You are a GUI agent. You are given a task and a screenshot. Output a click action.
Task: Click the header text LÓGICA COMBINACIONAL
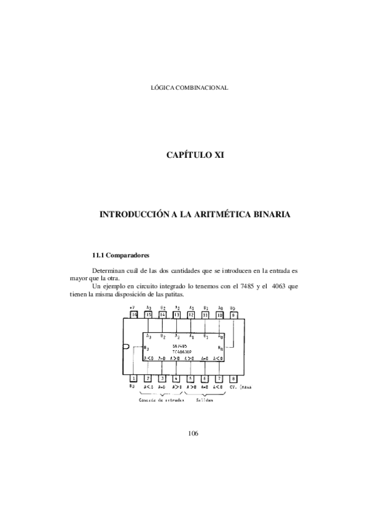pyautogui.click(x=190, y=88)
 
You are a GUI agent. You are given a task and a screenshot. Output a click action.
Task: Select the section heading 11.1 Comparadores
pyautogui.click(x=120, y=254)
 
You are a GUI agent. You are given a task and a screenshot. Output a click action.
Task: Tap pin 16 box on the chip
pyautogui.click(x=133, y=315)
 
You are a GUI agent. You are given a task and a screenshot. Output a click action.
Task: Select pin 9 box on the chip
pyautogui.click(x=233, y=315)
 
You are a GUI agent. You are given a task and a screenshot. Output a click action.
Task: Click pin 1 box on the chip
pyautogui.click(x=133, y=378)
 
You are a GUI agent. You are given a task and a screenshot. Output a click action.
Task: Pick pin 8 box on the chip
pyautogui.click(x=233, y=378)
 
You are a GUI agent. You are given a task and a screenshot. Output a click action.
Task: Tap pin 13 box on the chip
pyautogui.click(x=176, y=315)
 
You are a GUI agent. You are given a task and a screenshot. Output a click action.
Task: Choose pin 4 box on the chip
pyautogui.click(x=176, y=378)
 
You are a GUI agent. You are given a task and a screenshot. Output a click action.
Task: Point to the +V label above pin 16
pyautogui.click(x=131, y=307)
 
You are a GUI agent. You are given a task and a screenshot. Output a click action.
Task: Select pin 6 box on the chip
pyautogui.click(x=205, y=378)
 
